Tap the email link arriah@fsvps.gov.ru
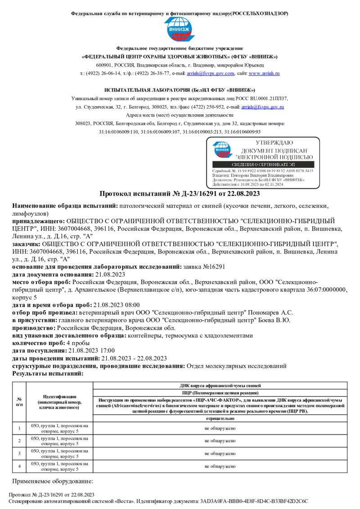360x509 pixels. point(263,107)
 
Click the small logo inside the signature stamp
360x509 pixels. point(221,150)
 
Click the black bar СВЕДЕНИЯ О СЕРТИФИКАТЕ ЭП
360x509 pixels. point(263,165)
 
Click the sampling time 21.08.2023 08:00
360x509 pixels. point(117,305)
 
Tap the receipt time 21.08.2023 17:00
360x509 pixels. point(92,350)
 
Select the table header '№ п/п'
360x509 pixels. point(19,402)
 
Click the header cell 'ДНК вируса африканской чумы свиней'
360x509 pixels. point(220,386)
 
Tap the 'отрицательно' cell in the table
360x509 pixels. point(220,418)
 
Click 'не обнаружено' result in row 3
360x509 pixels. point(220,453)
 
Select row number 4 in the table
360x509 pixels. point(19,466)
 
